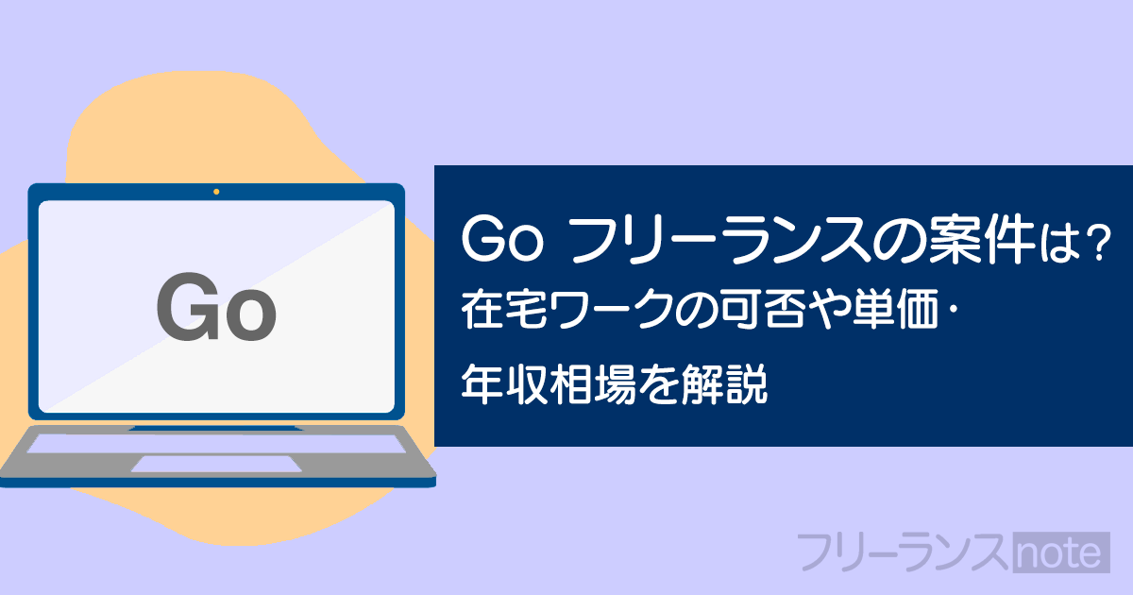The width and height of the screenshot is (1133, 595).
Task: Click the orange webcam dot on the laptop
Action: tap(216, 192)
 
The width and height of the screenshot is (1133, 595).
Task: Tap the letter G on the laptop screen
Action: tap(188, 307)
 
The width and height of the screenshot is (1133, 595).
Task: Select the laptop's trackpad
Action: tap(217, 464)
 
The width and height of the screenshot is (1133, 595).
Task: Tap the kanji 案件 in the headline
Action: tap(981, 239)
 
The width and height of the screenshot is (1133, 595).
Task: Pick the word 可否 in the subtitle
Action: tap(763, 309)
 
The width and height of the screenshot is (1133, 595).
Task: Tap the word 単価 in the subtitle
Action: tap(895, 309)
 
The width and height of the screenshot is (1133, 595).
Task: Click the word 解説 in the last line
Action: tap(724, 384)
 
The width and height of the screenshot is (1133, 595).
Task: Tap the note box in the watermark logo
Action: tap(1061, 552)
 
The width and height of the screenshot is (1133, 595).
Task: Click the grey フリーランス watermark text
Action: tap(904, 552)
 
